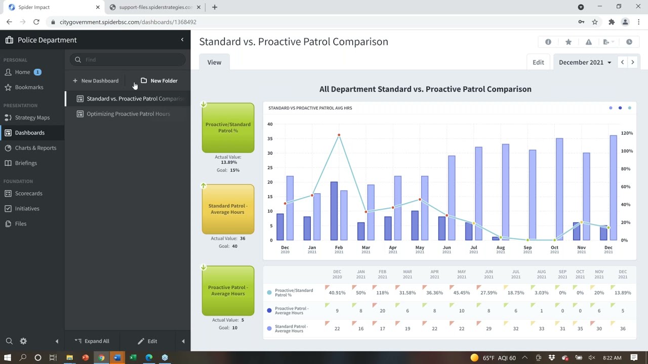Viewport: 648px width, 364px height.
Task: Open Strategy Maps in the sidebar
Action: click(32, 118)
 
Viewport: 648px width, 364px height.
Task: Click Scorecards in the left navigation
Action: click(28, 194)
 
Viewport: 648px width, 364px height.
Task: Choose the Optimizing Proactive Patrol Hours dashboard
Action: click(128, 114)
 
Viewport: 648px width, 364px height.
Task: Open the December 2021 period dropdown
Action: click(585, 63)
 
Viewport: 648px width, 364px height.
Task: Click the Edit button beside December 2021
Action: click(538, 63)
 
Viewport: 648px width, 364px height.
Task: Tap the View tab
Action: click(214, 63)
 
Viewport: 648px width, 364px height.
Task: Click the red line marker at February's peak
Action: click(339, 135)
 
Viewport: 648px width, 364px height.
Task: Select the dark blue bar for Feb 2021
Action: click(334, 211)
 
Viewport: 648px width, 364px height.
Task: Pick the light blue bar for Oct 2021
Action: click(559, 189)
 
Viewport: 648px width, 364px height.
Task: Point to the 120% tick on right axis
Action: click(627, 133)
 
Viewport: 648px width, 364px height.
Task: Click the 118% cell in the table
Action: click(382, 293)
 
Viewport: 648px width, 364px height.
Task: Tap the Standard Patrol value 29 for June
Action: click(489, 329)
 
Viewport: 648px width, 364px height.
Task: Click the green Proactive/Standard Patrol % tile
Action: click(228, 128)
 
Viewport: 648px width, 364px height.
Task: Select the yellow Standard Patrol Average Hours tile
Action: click(228, 209)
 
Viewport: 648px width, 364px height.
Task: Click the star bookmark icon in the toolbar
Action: click(569, 42)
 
